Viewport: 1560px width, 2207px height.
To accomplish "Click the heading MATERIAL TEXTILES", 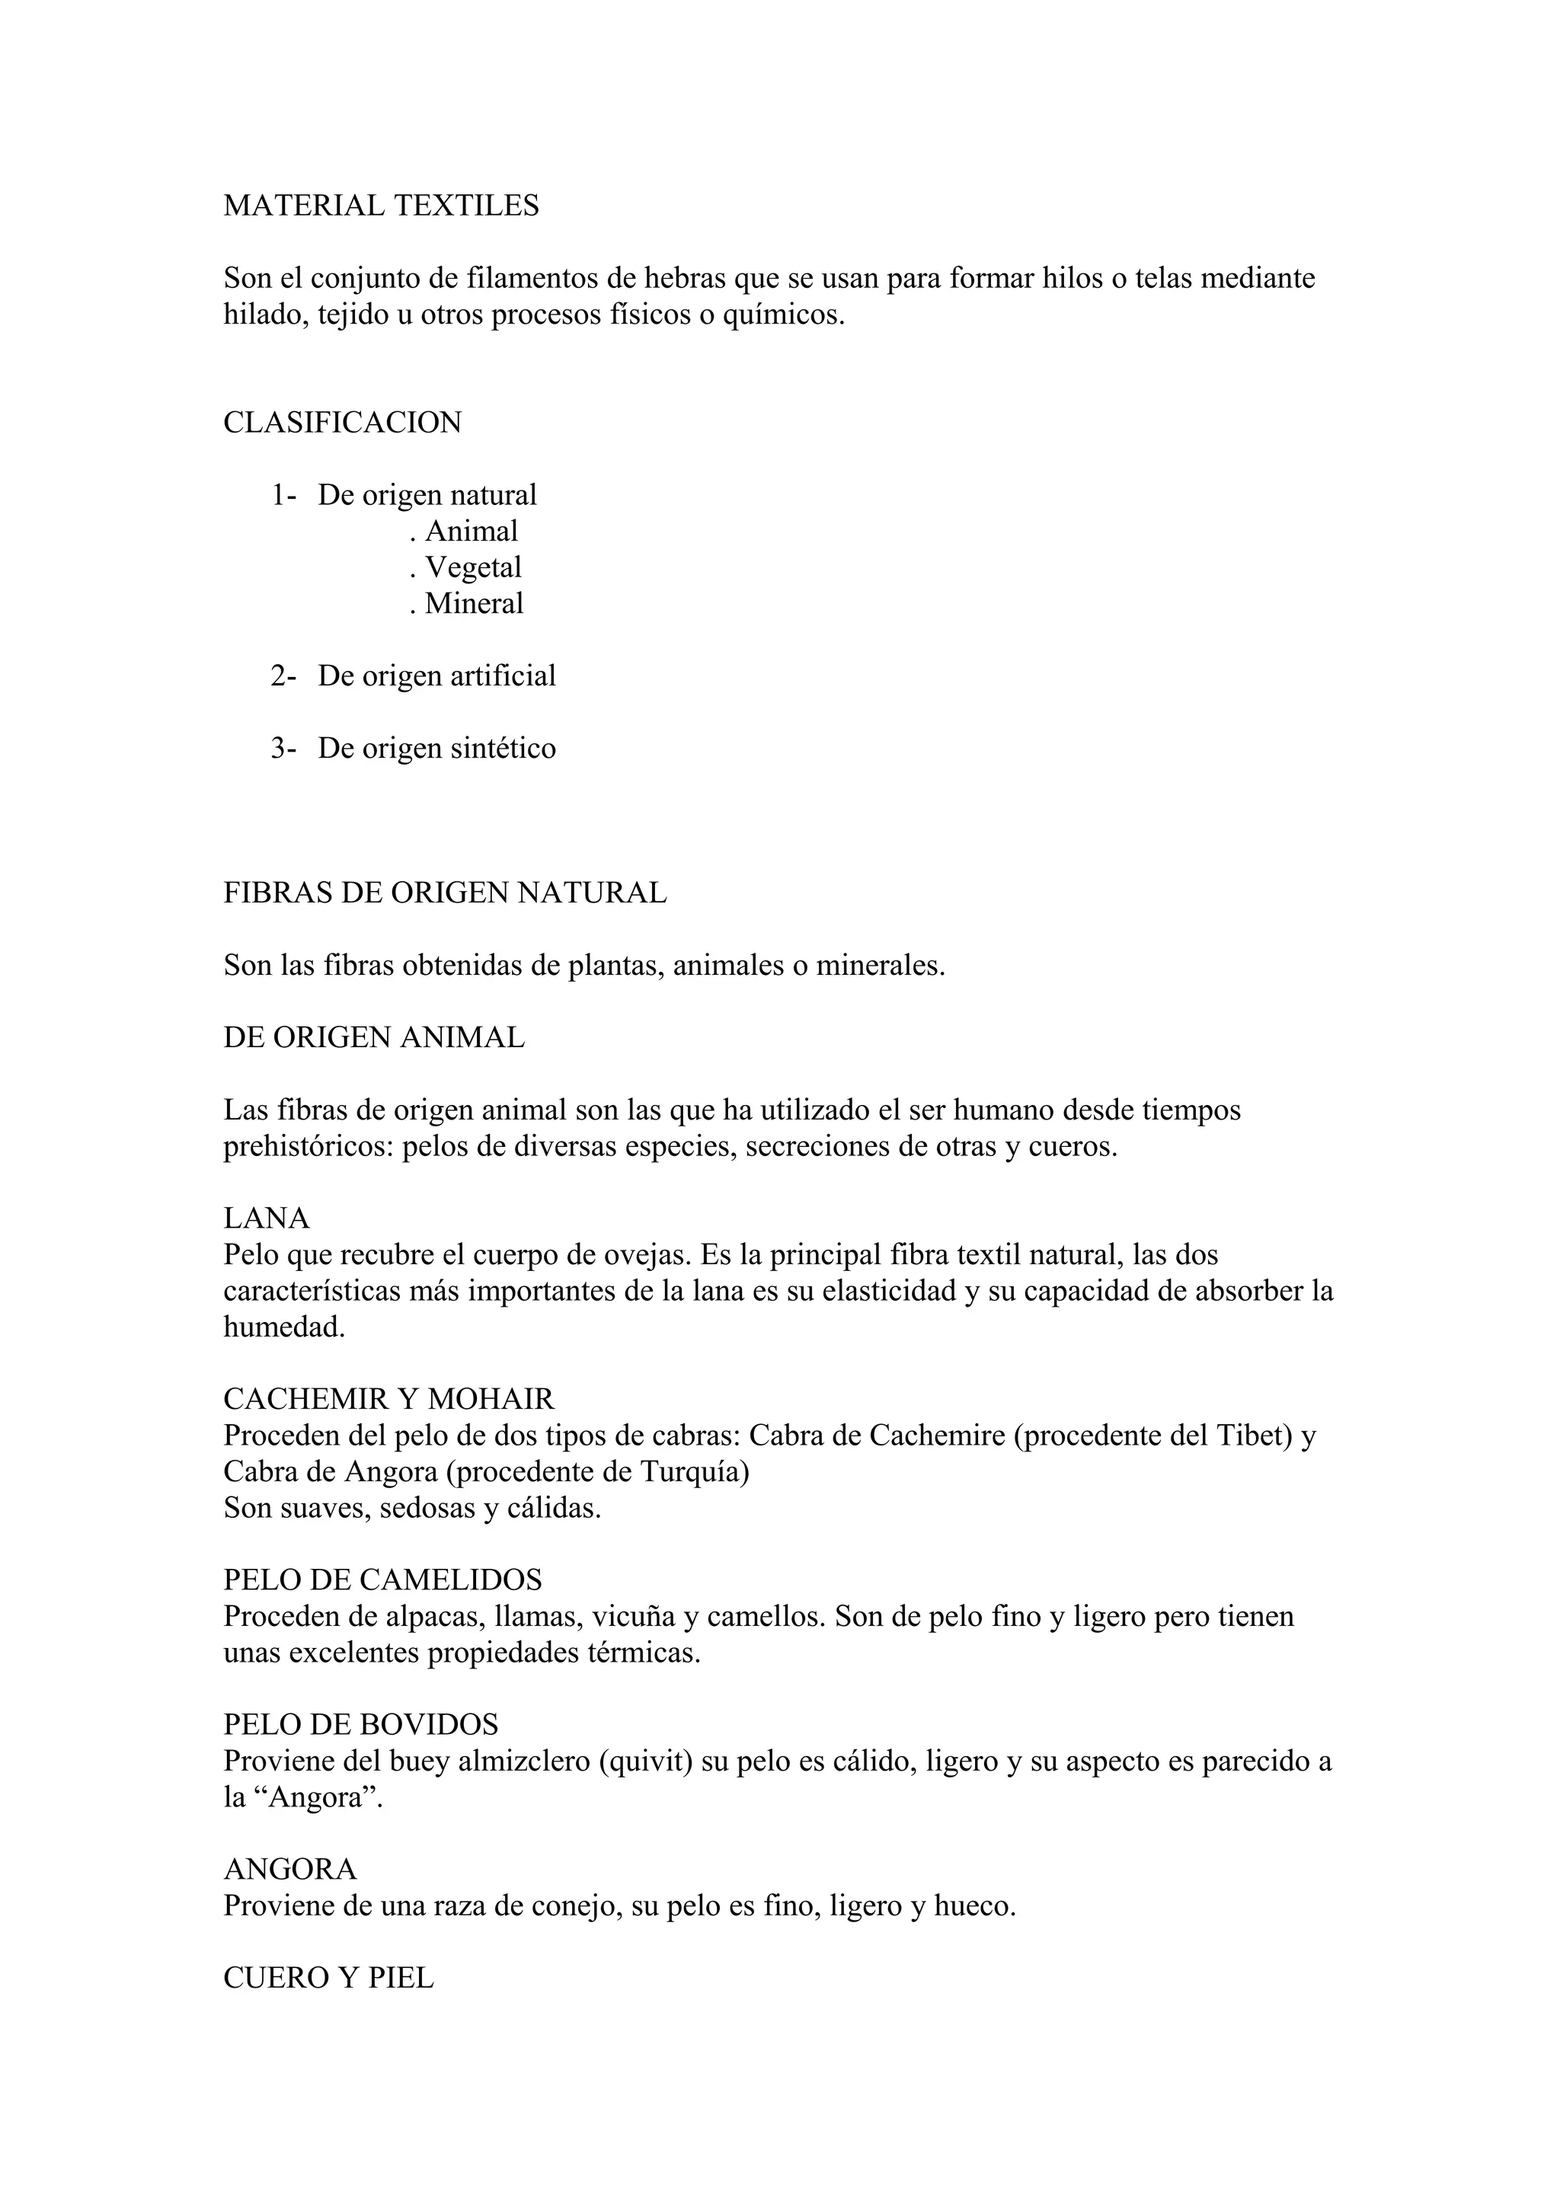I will coord(381,206).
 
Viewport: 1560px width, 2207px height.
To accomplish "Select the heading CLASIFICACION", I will coord(342,422).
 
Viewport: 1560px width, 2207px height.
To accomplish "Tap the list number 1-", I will coord(283,495).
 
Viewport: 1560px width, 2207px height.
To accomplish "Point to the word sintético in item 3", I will coord(503,748).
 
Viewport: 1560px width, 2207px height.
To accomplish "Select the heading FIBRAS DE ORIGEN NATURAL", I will coord(444,893).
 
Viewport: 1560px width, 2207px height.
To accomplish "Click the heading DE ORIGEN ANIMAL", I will coord(374,1037).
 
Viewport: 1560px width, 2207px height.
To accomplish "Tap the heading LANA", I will coord(267,1218).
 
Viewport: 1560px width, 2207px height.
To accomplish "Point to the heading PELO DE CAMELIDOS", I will coord(382,1579).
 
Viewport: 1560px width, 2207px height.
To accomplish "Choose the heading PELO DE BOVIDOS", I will coord(360,1724).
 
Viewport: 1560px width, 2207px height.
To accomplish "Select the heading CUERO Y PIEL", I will coord(329,1979).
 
